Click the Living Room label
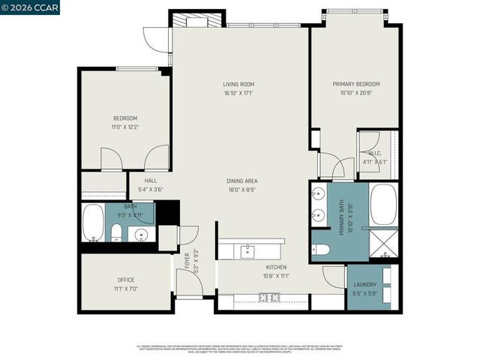click(238, 84)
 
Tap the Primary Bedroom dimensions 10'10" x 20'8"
click(356, 93)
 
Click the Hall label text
click(151, 181)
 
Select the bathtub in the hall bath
click(93, 223)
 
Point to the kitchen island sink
click(247, 251)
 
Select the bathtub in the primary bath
click(385, 205)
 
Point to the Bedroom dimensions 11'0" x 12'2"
click(125, 127)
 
